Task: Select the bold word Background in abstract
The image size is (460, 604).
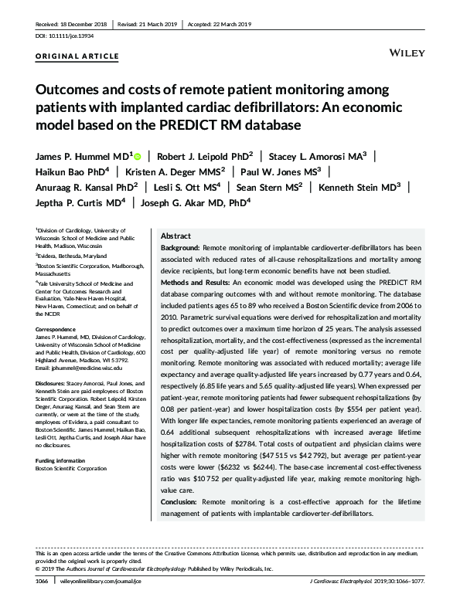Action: pyautogui.click(x=179, y=246)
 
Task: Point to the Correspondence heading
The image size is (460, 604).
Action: pyautogui.click(x=56, y=330)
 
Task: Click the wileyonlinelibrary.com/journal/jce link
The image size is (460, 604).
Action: pyautogui.click(x=112, y=580)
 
